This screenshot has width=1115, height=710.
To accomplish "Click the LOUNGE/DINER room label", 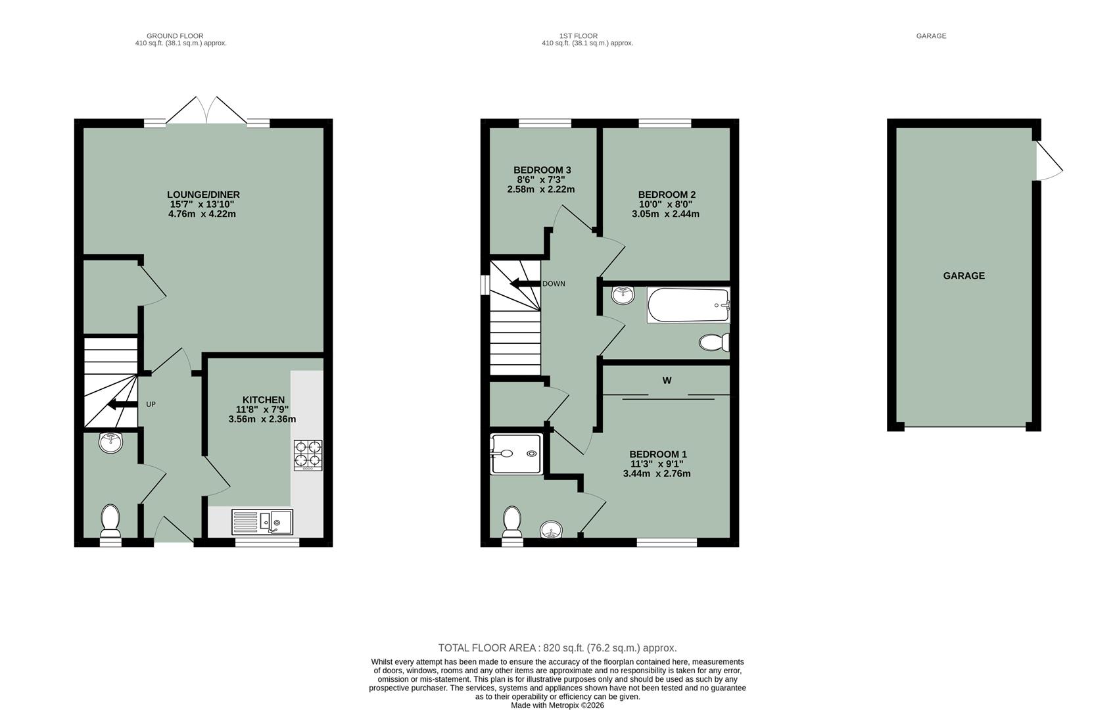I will [x=203, y=195].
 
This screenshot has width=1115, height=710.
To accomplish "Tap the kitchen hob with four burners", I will [x=308, y=455].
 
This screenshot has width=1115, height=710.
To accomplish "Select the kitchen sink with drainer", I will [x=262, y=522].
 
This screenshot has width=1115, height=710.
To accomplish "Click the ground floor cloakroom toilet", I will [x=110, y=521].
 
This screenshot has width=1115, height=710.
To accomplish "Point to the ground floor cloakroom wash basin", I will [x=111, y=442].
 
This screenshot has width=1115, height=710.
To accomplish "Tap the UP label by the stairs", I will [x=151, y=404].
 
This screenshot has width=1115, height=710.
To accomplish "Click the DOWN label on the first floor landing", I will [x=554, y=284].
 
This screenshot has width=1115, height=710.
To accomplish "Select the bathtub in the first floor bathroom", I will [x=688, y=305].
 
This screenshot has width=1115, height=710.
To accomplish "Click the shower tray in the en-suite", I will [x=517, y=454].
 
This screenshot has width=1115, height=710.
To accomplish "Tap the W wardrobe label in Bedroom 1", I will [x=667, y=381].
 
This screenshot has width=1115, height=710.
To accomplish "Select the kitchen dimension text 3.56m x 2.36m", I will [x=262, y=419].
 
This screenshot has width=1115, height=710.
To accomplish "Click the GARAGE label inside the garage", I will [x=964, y=276].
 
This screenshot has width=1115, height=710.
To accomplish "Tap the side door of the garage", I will [x=1049, y=161].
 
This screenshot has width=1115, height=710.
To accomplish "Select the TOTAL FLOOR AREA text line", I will [x=557, y=648].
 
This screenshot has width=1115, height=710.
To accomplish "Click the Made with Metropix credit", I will [x=557, y=705].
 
